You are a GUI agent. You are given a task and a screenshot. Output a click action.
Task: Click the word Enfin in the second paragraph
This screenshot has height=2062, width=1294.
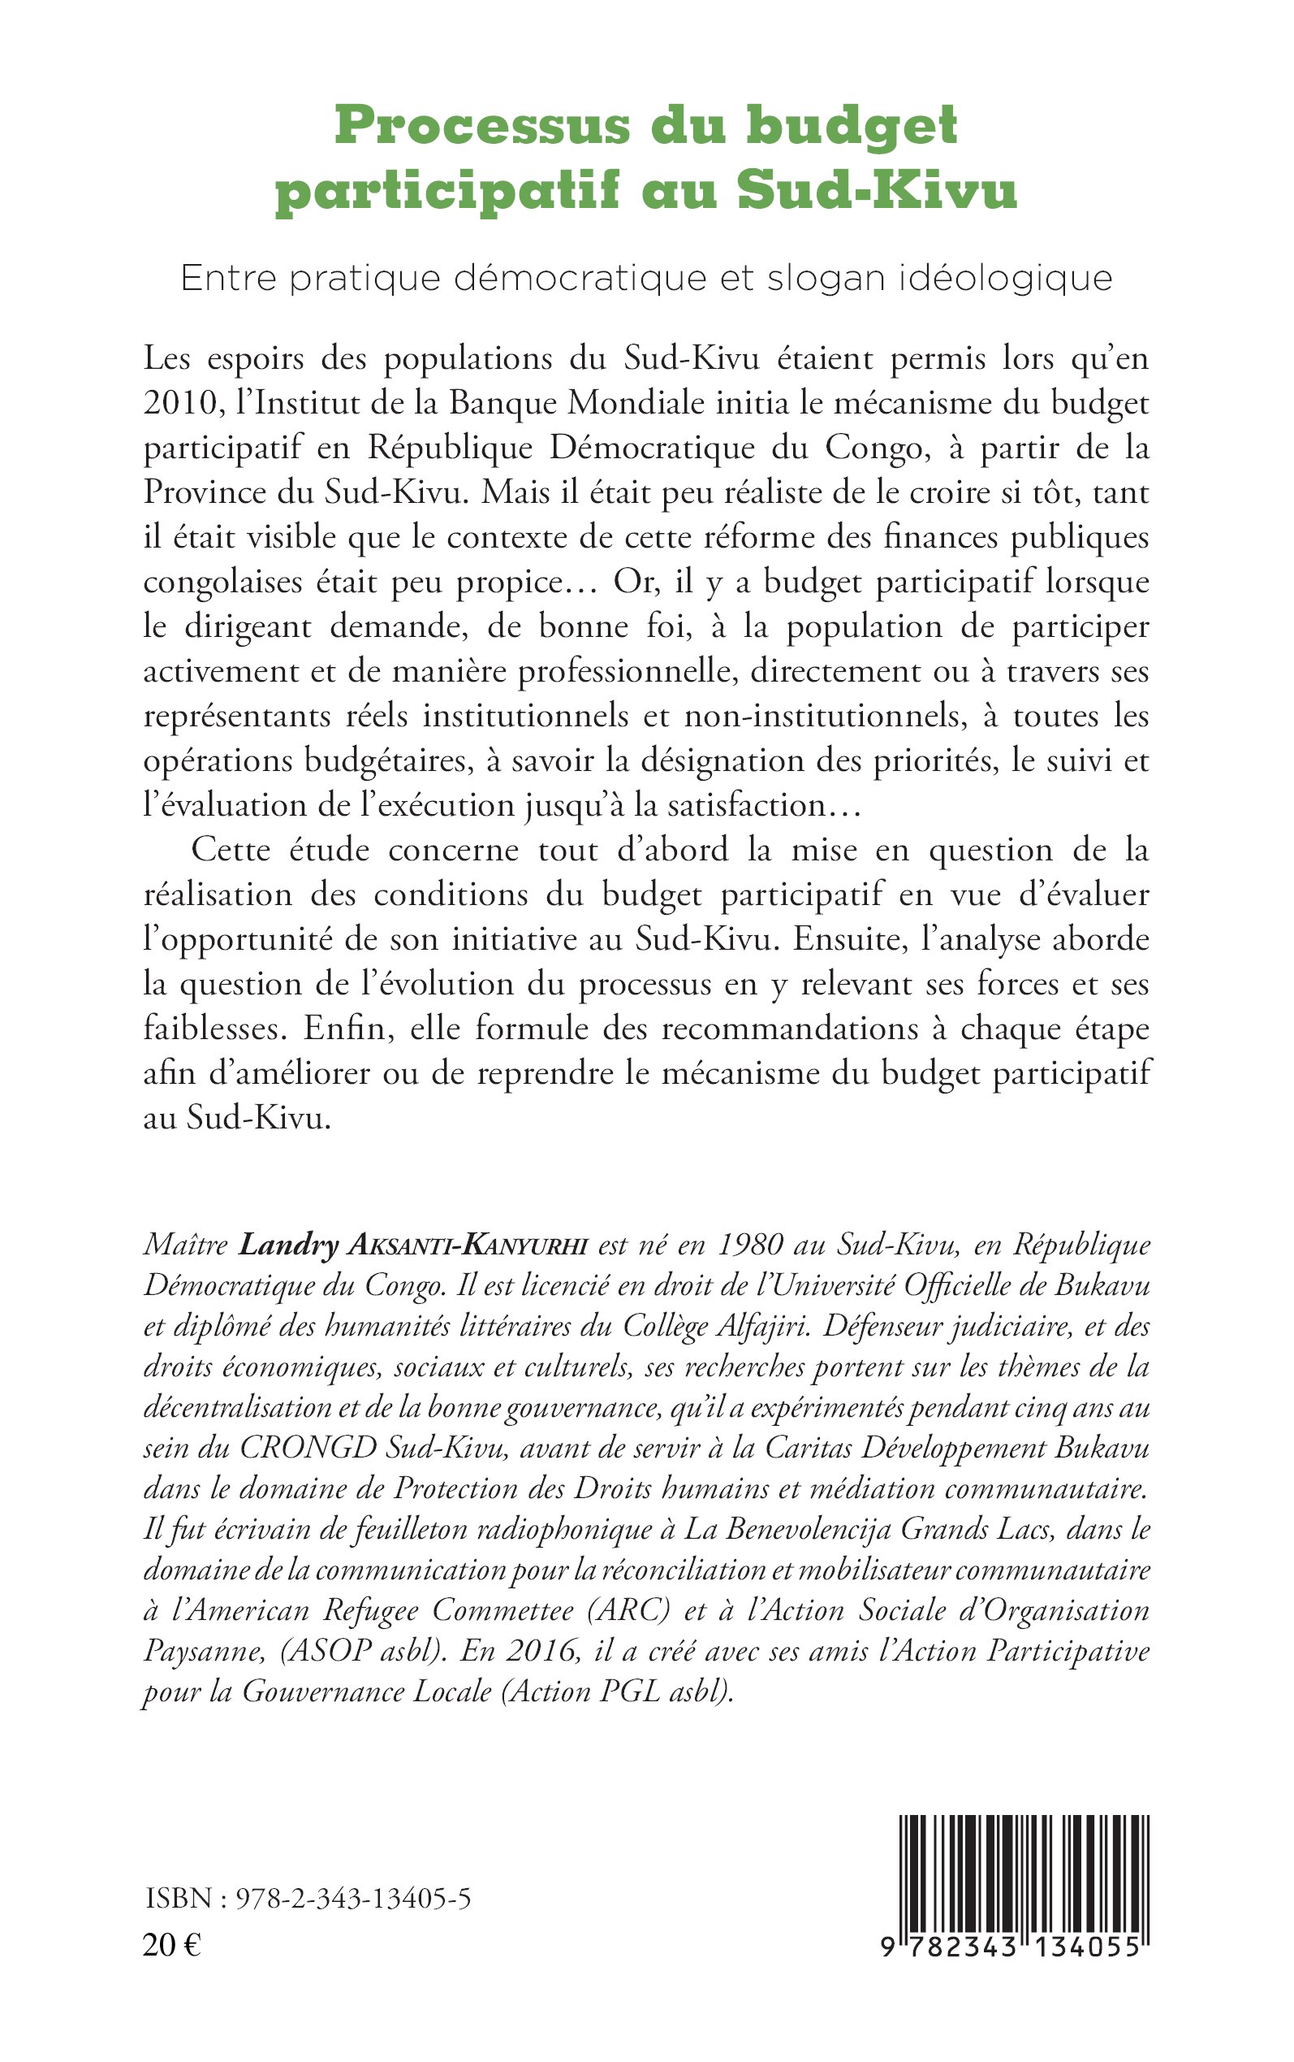(x=347, y=1029)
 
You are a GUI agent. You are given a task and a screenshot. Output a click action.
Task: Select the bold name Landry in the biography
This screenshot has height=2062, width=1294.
(x=288, y=1246)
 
